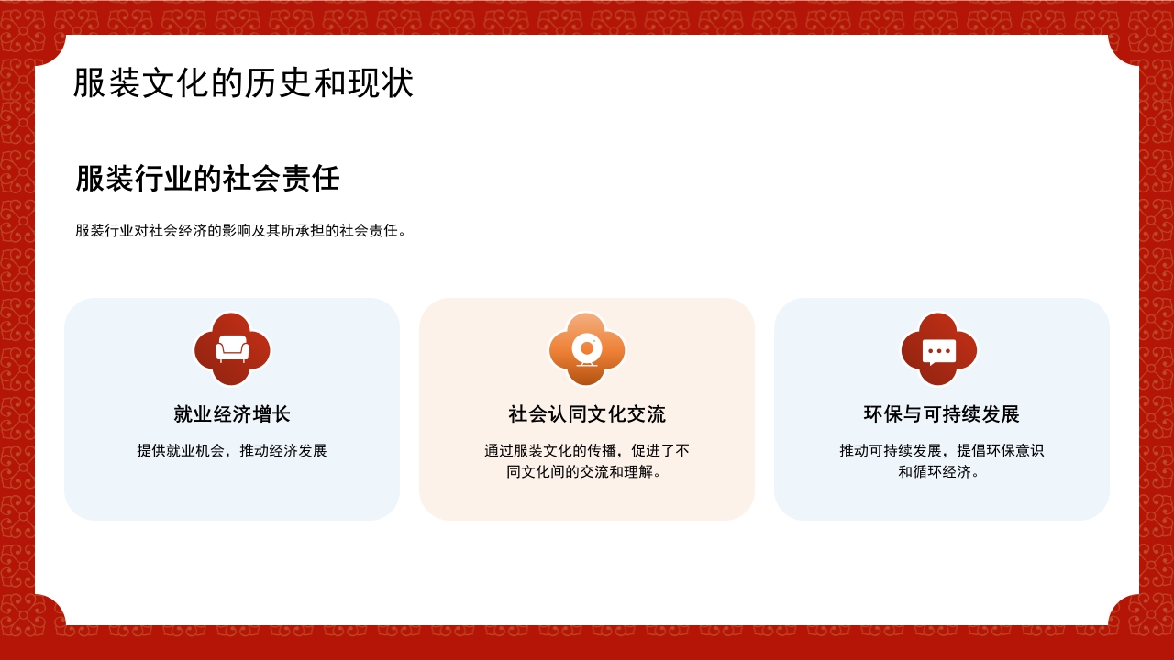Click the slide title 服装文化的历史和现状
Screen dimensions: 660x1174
[243, 83]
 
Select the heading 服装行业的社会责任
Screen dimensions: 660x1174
[207, 179]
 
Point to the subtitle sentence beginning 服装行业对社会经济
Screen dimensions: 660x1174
[241, 231]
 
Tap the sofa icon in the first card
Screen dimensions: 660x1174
[232, 349]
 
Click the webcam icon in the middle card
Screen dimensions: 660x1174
[587, 349]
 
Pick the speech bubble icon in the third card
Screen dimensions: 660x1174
[939, 350]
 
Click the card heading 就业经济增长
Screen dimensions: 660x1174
[232, 414]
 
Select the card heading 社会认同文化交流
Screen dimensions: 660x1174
[587, 414]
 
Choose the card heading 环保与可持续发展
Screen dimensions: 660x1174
[942, 414]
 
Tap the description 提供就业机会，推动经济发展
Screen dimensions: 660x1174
[232, 451]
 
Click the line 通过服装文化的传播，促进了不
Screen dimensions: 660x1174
[587, 451]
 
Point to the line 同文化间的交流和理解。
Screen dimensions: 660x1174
[587, 472]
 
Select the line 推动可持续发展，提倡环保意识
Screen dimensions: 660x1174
[942, 451]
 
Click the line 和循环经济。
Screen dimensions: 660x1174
[942, 472]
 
